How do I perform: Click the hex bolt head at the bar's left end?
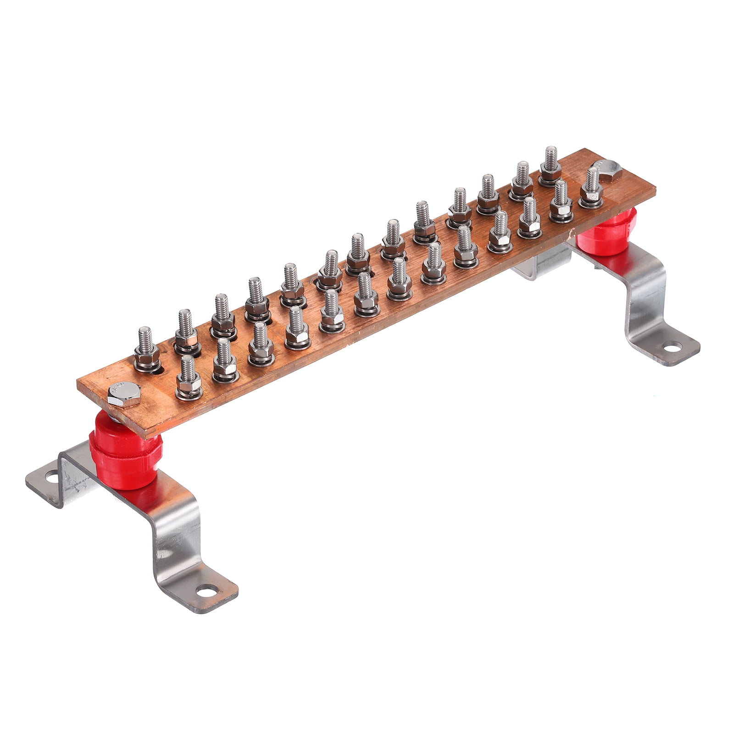(x=124, y=393)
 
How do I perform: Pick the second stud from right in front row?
(x=561, y=202)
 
